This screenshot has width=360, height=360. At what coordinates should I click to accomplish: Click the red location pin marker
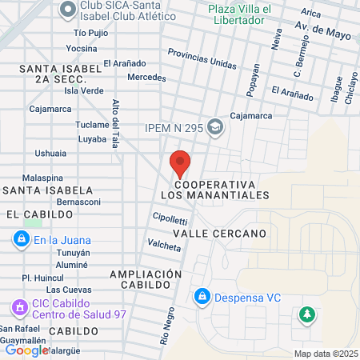[180, 162]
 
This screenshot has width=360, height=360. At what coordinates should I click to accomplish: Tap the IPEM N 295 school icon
[214, 126]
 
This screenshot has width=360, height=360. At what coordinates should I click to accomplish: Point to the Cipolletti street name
[169, 219]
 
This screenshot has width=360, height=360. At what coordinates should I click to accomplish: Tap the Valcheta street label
[164, 245]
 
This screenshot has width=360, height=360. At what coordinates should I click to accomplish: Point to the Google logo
[26, 350]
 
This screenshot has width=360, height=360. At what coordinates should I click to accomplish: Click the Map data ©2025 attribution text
[324, 354]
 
